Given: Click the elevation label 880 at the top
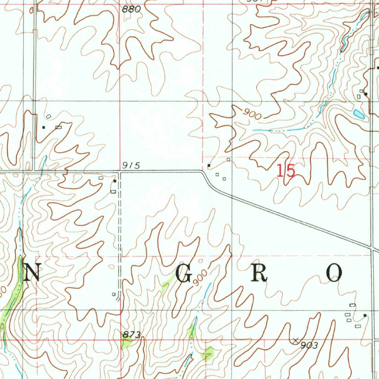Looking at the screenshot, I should [132, 9].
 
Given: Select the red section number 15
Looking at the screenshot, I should [286, 171].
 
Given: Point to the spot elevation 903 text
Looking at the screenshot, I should [309, 346].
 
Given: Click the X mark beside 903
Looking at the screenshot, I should [295, 340].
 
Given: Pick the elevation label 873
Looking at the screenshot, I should [131, 335].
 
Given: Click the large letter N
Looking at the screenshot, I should [31, 274].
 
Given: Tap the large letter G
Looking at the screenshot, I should [184, 274].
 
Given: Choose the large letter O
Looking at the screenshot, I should [334, 274].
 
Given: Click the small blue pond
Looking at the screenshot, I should [359, 114].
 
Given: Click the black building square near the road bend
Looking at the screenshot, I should [209, 165].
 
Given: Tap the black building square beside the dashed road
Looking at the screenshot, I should [115, 181].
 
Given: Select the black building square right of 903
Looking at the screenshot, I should [365, 315].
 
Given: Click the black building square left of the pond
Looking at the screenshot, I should [365, 94].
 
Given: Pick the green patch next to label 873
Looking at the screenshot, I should [127, 343].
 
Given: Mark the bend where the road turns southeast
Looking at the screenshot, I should [203, 172].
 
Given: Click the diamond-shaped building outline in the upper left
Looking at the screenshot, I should [48, 116].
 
